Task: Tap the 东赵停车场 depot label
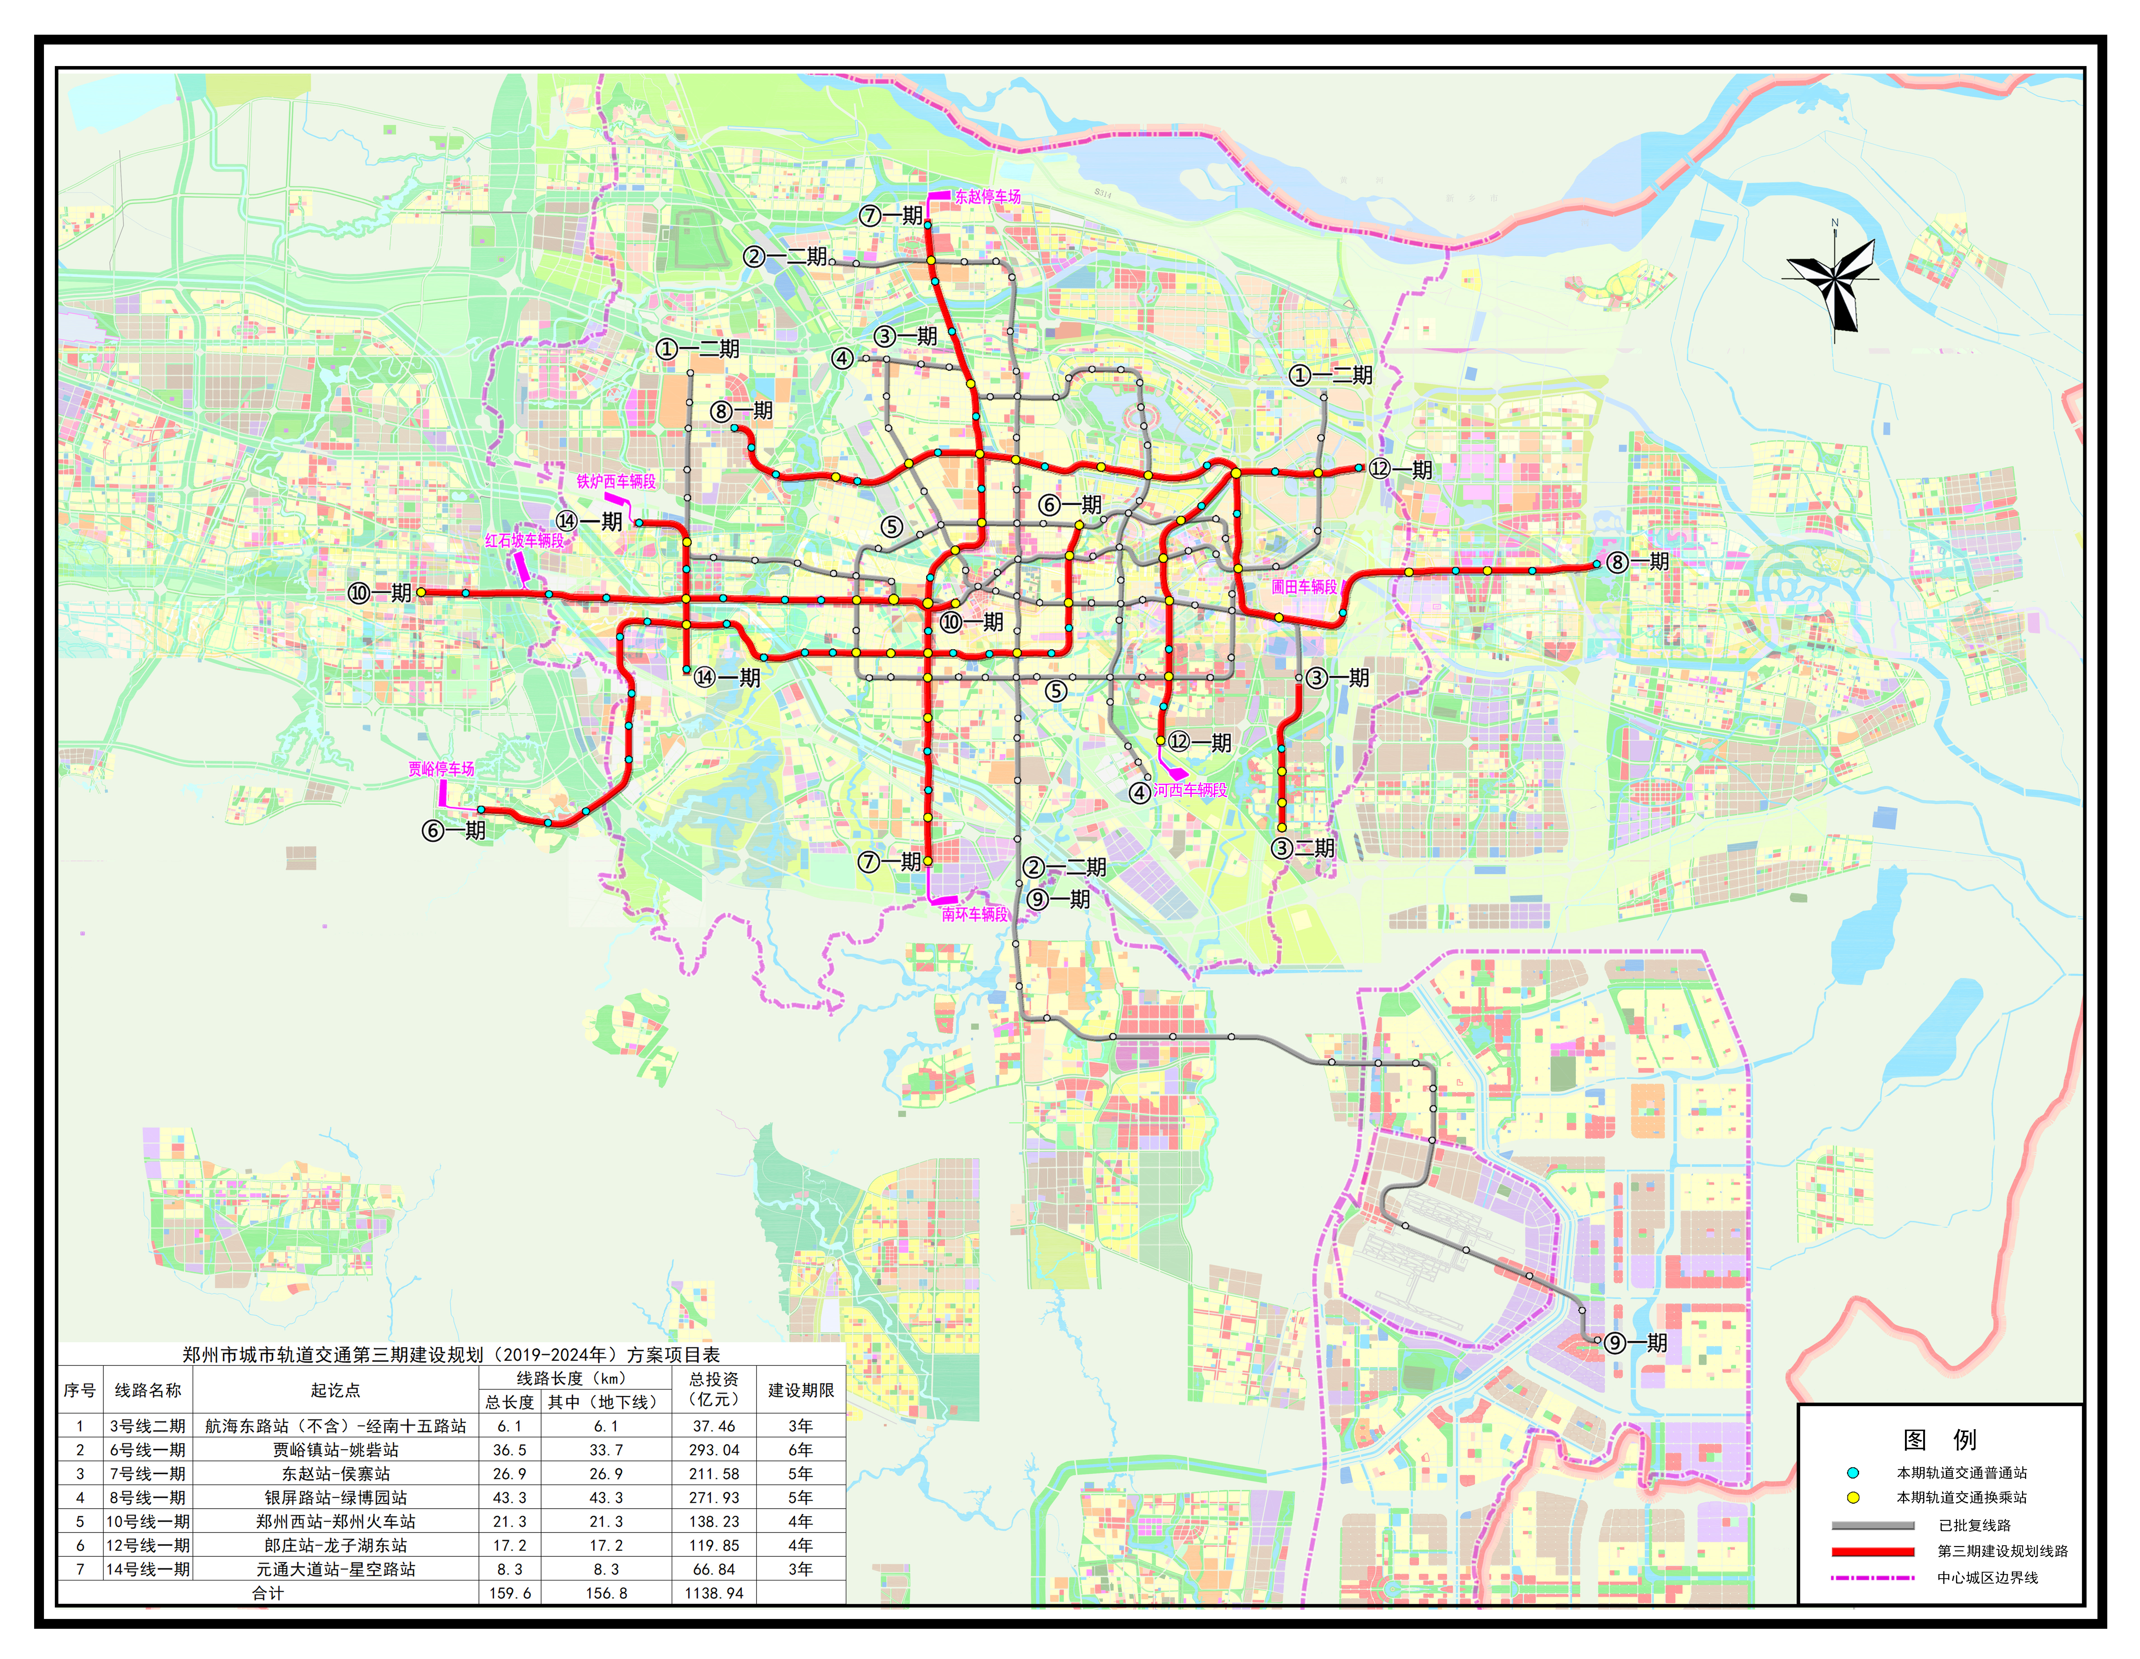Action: coord(988,196)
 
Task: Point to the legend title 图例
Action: coord(1939,1440)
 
